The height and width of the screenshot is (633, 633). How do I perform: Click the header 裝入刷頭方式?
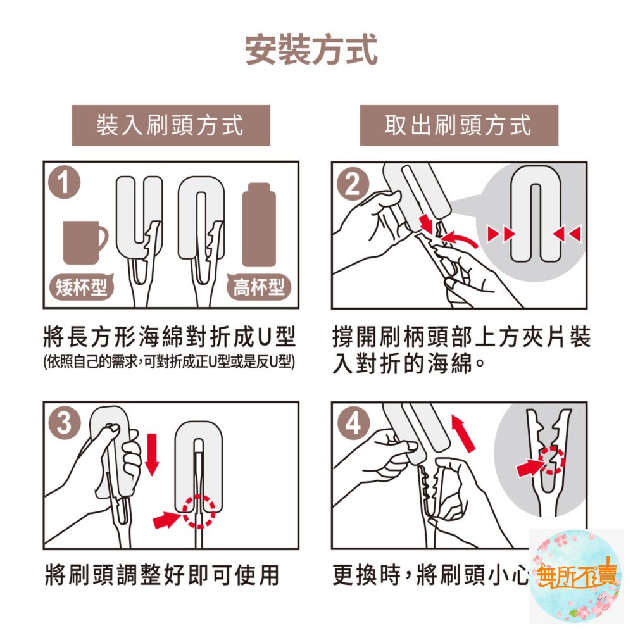(170, 125)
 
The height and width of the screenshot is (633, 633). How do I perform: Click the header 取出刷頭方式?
(458, 125)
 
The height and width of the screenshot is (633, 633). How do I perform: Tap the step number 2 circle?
(353, 184)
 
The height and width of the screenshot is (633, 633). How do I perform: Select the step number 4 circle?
(353, 423)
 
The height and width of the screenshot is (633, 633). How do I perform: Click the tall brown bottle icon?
(259, 225)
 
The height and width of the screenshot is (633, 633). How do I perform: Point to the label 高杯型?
(258, 288)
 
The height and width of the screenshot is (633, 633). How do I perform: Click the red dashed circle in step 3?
(199, 511)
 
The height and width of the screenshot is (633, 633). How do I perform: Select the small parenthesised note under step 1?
(170, 363)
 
